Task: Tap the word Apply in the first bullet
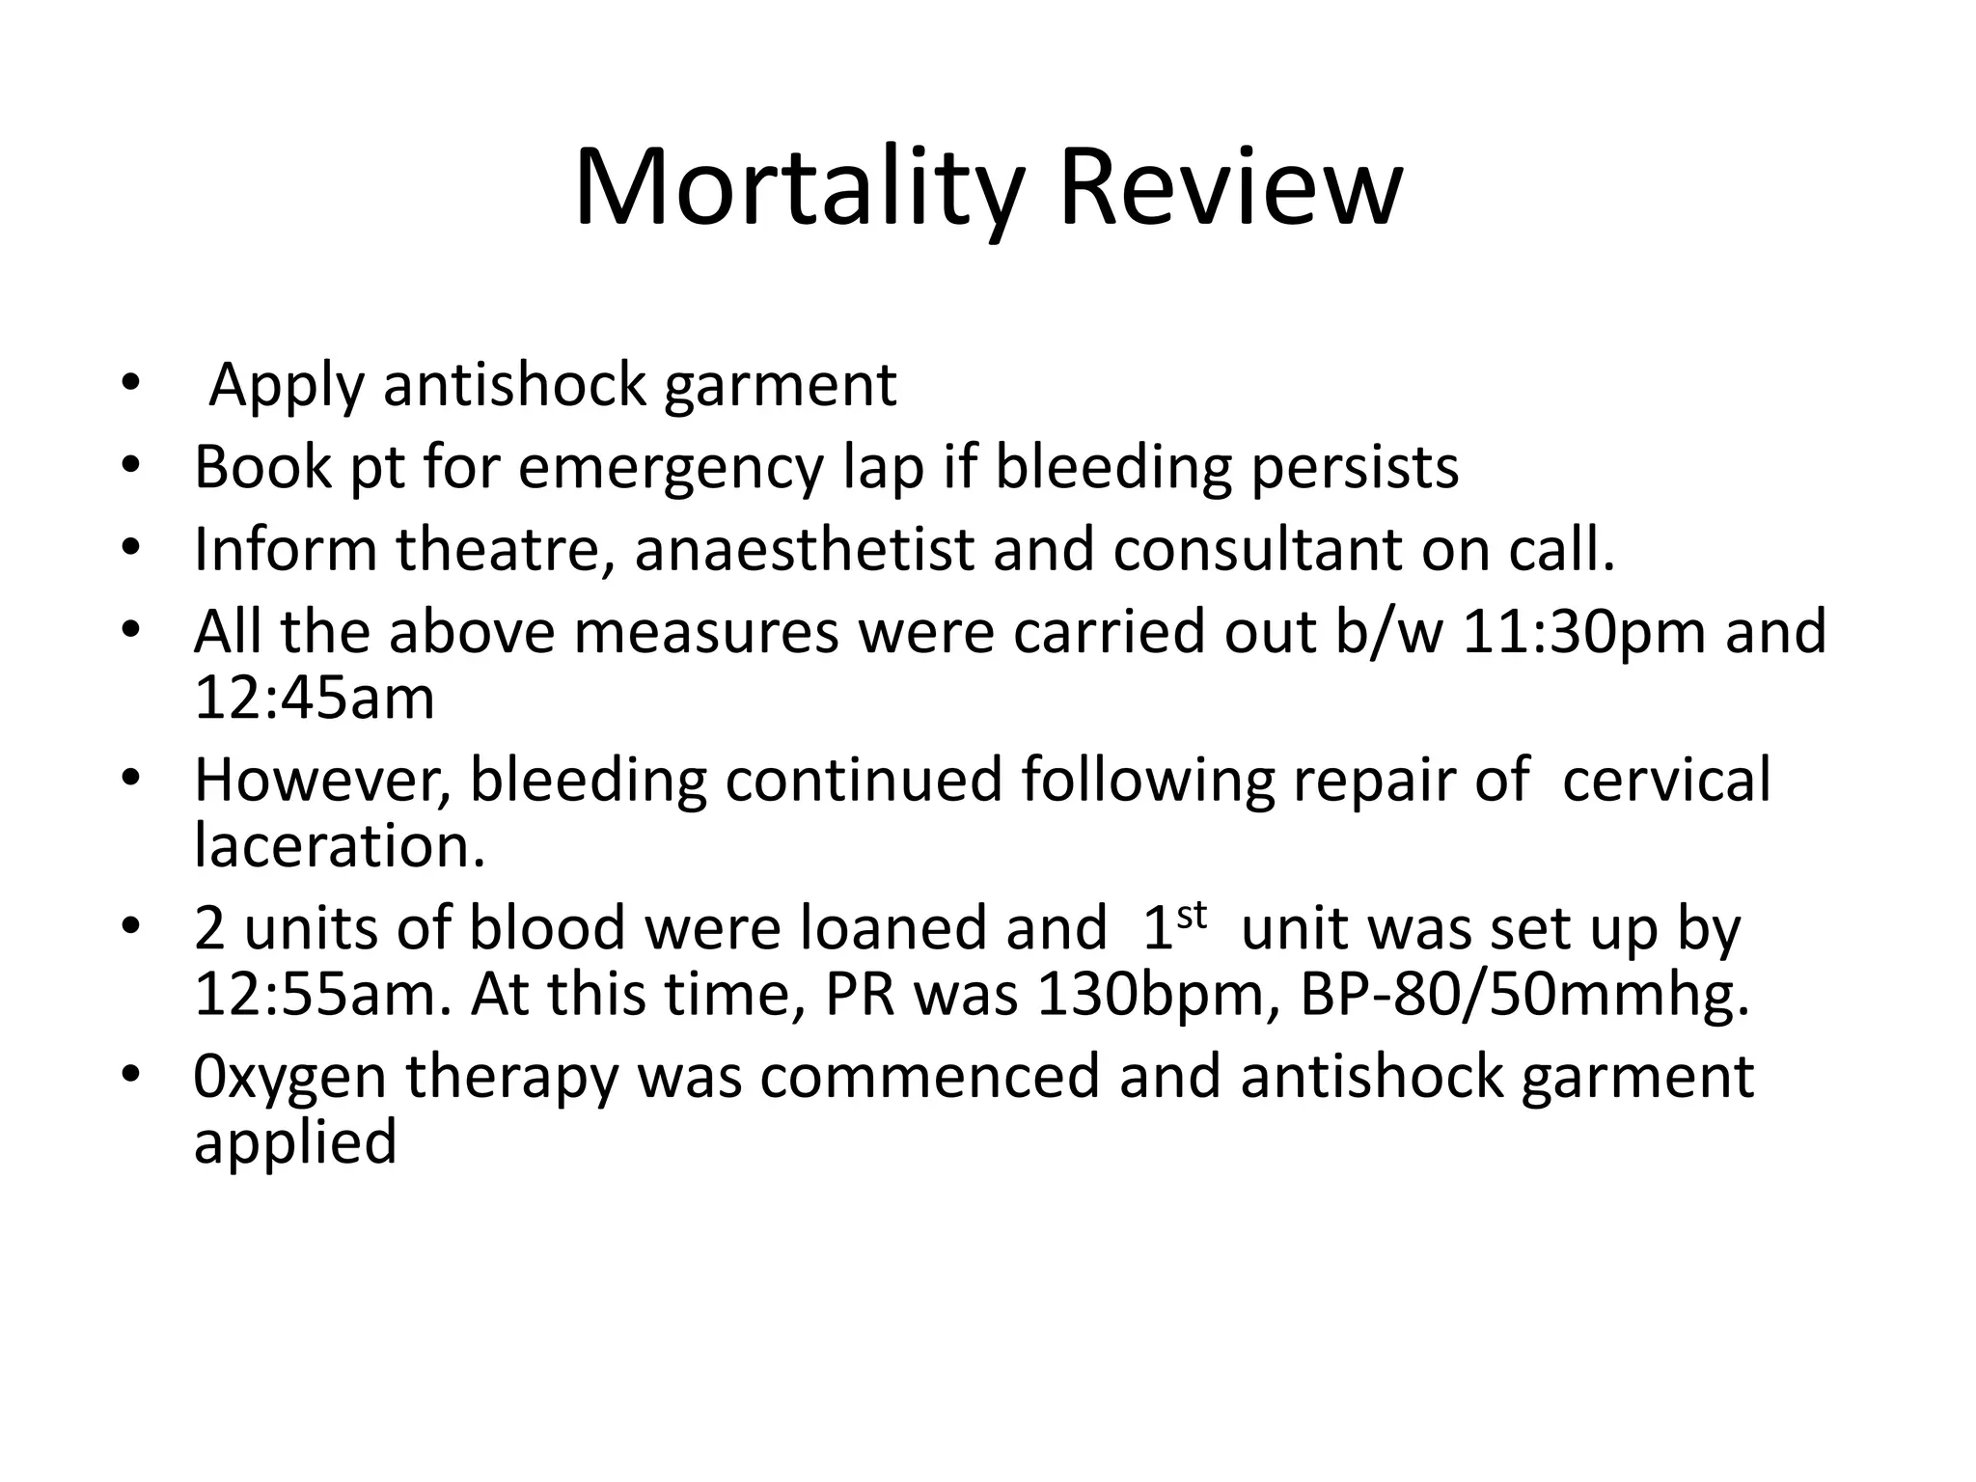(x=286, y=386)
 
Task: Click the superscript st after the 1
(x=1192, y=914)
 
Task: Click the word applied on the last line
(x=295, y=1143)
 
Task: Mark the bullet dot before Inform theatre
(x=131, y=549)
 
